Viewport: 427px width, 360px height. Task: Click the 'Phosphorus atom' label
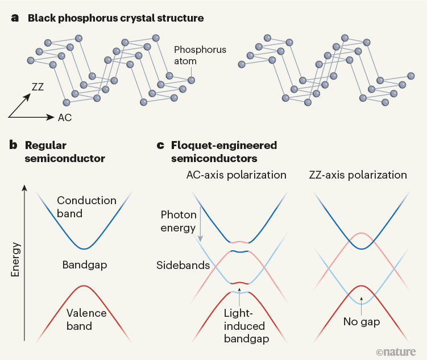(200, 56)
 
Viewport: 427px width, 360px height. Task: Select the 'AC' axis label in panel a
(65, 118)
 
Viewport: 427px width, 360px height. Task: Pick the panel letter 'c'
(160, 145)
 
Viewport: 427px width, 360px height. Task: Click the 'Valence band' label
(86, 320)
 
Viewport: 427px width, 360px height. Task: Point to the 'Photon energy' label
(179, 221)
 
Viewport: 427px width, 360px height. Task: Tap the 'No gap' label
(362, 322)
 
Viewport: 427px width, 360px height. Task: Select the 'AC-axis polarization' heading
(236, 175)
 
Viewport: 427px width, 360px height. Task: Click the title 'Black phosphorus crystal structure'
(115, 18)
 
